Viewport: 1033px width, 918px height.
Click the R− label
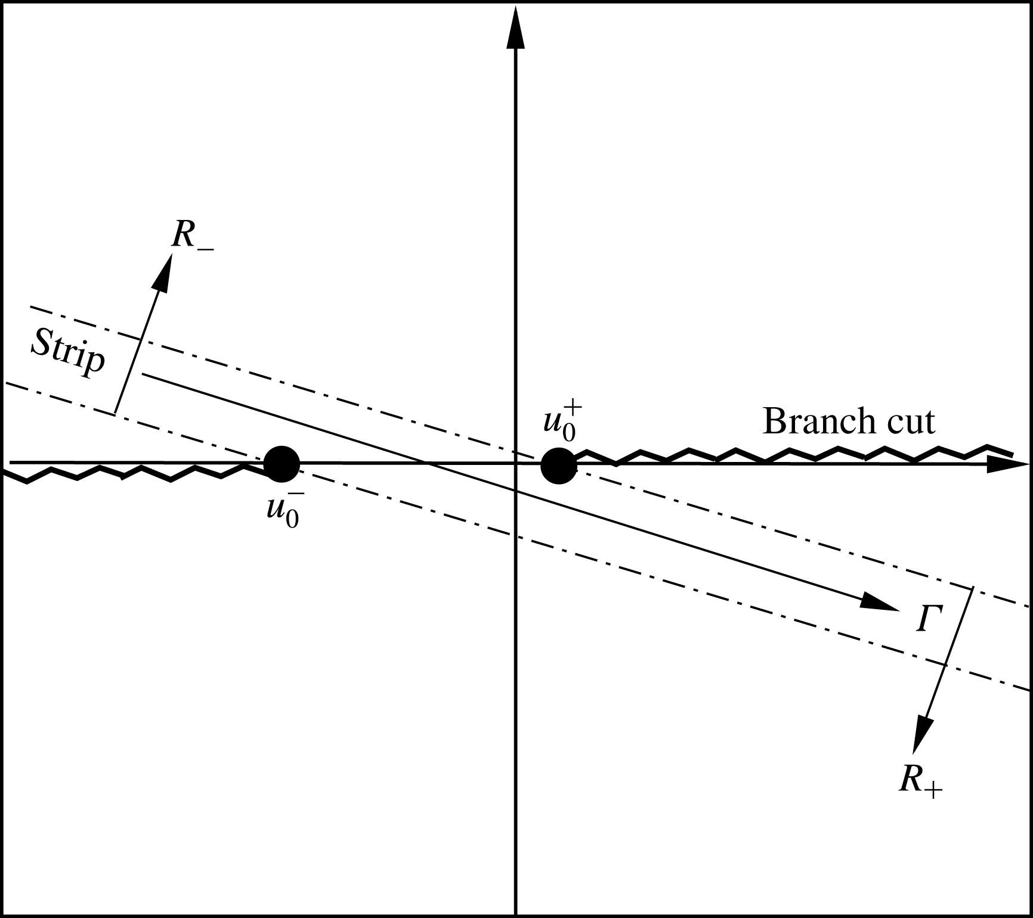[x=192, y=235]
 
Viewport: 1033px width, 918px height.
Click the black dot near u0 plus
[x=558, y=466]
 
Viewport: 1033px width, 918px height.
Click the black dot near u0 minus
[x=282, y=463]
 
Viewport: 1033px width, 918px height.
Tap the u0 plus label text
[x=559, y=422]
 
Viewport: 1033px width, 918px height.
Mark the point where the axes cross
[x=515, y=463]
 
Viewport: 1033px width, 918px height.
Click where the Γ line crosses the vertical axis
[x=515, y=491]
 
